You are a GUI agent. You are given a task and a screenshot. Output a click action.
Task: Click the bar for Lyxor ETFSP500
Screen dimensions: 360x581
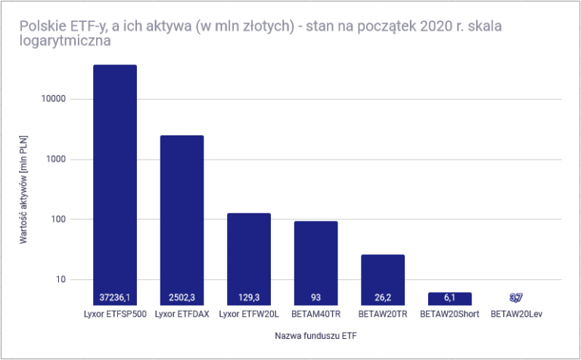(115, 182)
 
